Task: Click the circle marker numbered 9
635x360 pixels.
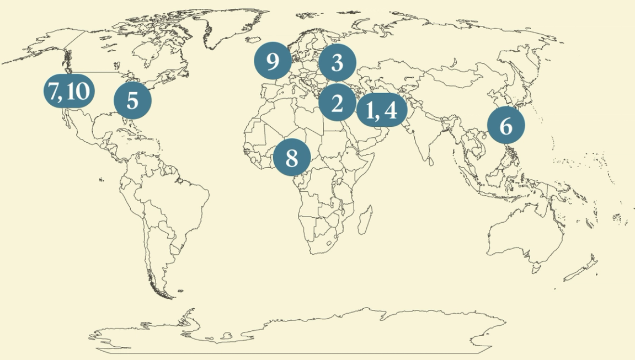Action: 273,62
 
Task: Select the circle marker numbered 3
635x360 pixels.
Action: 338,63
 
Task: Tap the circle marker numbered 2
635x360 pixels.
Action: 337,103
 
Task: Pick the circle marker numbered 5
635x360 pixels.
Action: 132,101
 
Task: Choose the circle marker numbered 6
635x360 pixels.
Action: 506,126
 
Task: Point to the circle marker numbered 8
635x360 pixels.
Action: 292,158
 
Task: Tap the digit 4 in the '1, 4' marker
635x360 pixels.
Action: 391,110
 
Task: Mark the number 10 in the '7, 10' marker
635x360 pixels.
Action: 77,91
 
